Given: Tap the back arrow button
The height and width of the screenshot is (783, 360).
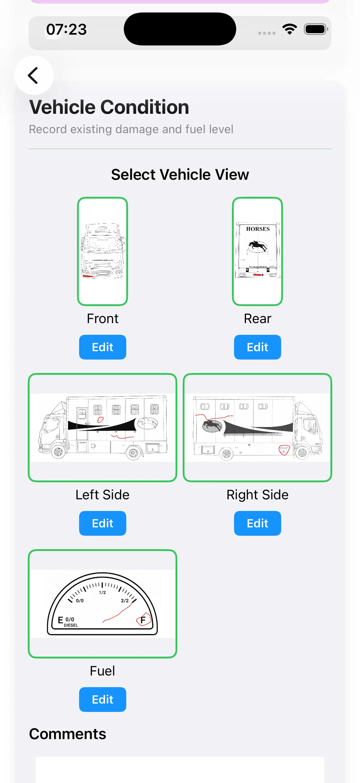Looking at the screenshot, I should pos(33,75).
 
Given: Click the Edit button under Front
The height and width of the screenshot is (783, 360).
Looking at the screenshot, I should pos(102,347).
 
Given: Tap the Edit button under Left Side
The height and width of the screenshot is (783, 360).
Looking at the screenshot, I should pos(102,523).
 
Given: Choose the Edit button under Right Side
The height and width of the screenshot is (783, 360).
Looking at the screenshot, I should pos(257,523).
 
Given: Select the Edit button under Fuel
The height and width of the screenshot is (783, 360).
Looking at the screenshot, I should pos(102,699).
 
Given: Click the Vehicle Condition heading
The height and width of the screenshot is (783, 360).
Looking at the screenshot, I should pos(109,107).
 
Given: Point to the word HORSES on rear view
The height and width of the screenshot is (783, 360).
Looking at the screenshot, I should pos(258,229).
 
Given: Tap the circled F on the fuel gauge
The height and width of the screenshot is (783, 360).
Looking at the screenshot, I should pos(143,620).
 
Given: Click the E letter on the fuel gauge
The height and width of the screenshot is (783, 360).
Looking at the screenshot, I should pos(60,620).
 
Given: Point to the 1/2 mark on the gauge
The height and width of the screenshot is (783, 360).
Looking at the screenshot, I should pos(102,592).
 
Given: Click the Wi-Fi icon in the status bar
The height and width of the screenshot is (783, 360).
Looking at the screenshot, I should pos(289,30).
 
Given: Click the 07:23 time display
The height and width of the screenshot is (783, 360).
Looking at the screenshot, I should pos(66,30).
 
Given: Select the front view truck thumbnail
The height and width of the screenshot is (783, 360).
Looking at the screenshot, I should pos(102,251).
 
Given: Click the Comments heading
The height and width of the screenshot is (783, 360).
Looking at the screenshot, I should pos(67,734).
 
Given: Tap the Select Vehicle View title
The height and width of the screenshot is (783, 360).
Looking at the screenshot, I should pos(180,174).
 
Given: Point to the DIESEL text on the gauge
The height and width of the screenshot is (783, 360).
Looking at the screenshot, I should pos(71,625).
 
